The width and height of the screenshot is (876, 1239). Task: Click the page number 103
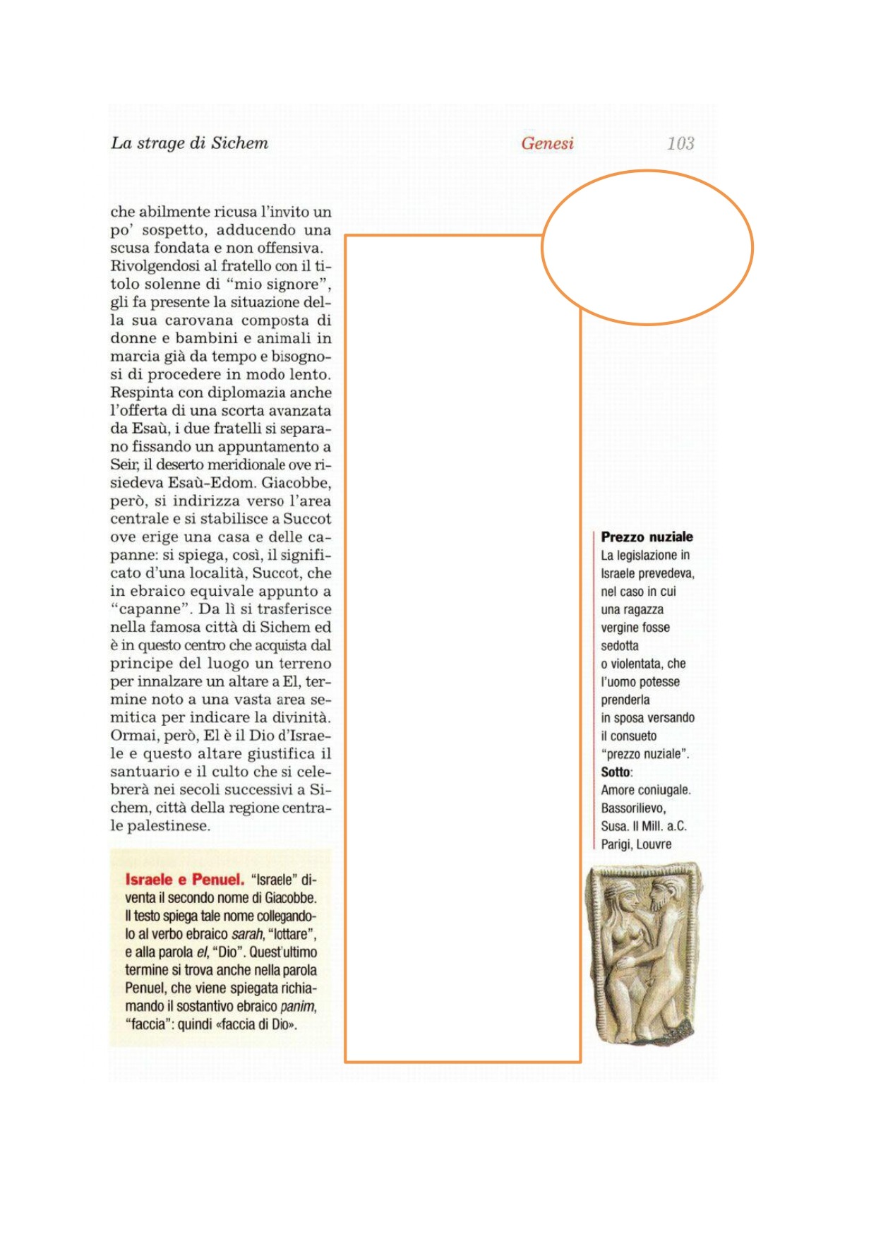pyautogui.click(x=680, y=143)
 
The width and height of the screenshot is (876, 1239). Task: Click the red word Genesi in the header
pyautogui.click(x=547, y=143)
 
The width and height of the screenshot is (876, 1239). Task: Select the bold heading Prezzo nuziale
pyautogui.click(x=647, y=537)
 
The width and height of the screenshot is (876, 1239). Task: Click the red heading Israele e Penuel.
pyautogui.click(x=184, y=880)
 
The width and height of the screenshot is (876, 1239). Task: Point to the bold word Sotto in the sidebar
pyautogui.click(x=616, y=772)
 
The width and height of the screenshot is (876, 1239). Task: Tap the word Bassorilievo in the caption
pyautogui.click(x=633, y=808)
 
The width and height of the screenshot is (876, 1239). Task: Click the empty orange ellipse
pyautogui.click(x=647, y=247)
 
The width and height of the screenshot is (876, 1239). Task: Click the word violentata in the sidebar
pyautogui.click(x=637, y=664)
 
